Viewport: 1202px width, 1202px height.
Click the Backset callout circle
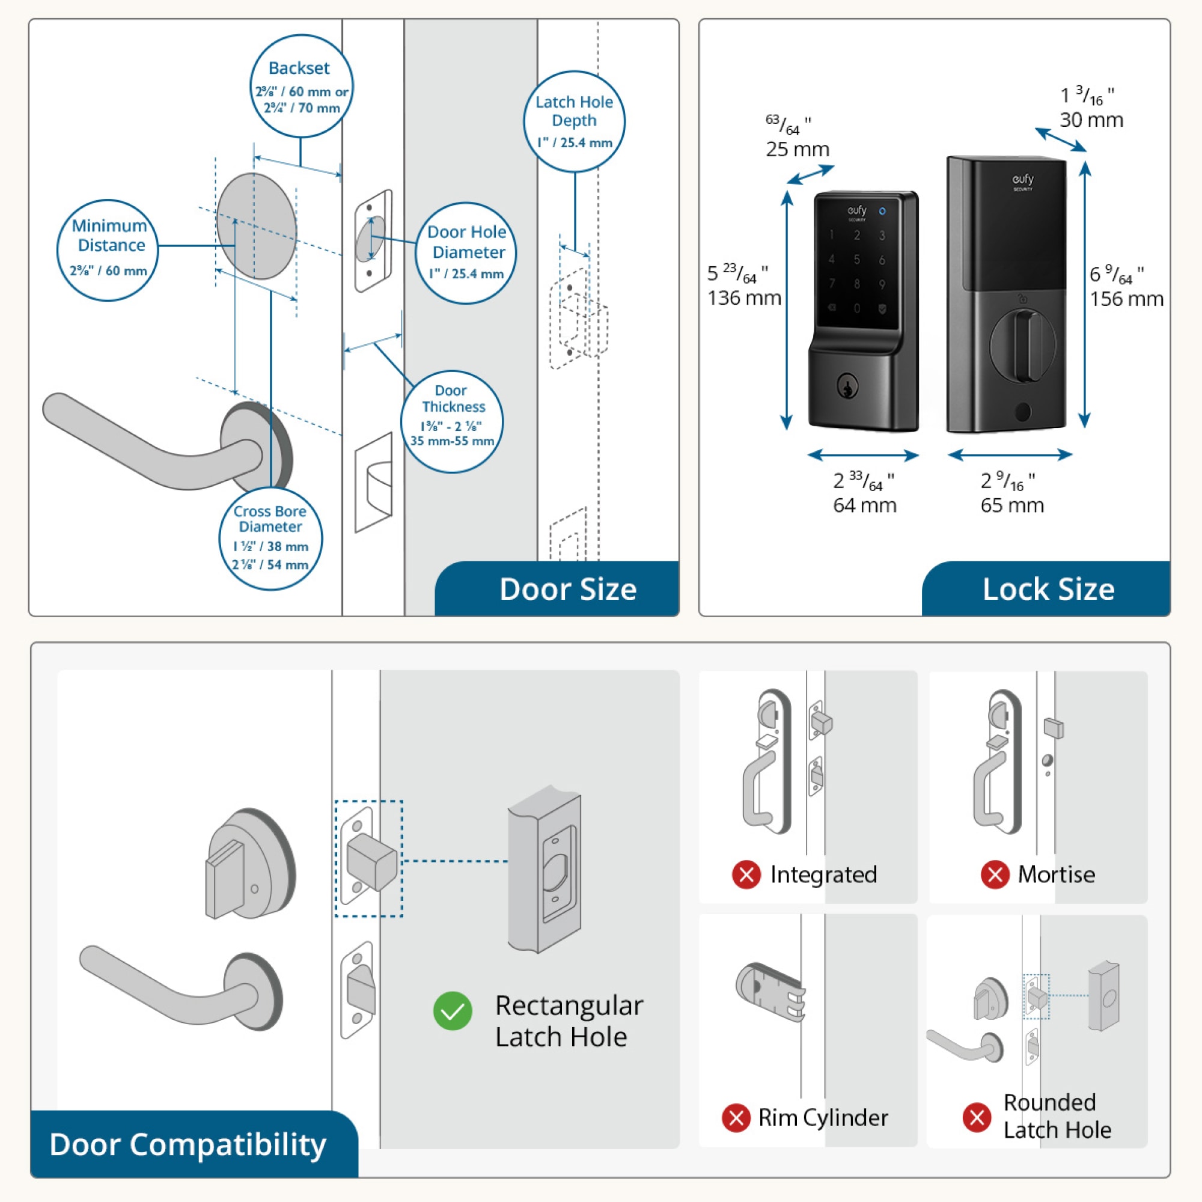click(301, 87)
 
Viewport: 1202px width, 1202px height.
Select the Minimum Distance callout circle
click(108, 249)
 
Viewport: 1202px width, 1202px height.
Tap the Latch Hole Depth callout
click(573, 121)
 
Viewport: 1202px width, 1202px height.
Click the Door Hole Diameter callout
click(466, 252)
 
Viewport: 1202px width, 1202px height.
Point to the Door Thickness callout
click(452, 421)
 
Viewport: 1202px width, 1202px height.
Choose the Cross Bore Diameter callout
click(270, 538)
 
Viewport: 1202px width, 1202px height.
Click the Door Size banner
click(567, 588)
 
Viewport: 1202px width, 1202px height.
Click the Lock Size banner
click(1048, 588)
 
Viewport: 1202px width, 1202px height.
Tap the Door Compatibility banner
click(188, 1144)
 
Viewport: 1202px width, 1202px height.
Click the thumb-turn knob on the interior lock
click(1024, 347)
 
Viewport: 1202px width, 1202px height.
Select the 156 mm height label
click(1126, 299)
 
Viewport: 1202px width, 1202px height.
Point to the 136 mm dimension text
click(744, 297)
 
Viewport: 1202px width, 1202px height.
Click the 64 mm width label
click(865, 505)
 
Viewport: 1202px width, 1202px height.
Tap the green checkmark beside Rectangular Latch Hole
click(453, 1010)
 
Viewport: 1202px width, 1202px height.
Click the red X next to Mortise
click(995, 874)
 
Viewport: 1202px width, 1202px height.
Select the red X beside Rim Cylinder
click(736, 1117)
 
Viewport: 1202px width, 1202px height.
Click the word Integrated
click(823, 874)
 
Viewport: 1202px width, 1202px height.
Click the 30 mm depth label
click(1091, 120)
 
